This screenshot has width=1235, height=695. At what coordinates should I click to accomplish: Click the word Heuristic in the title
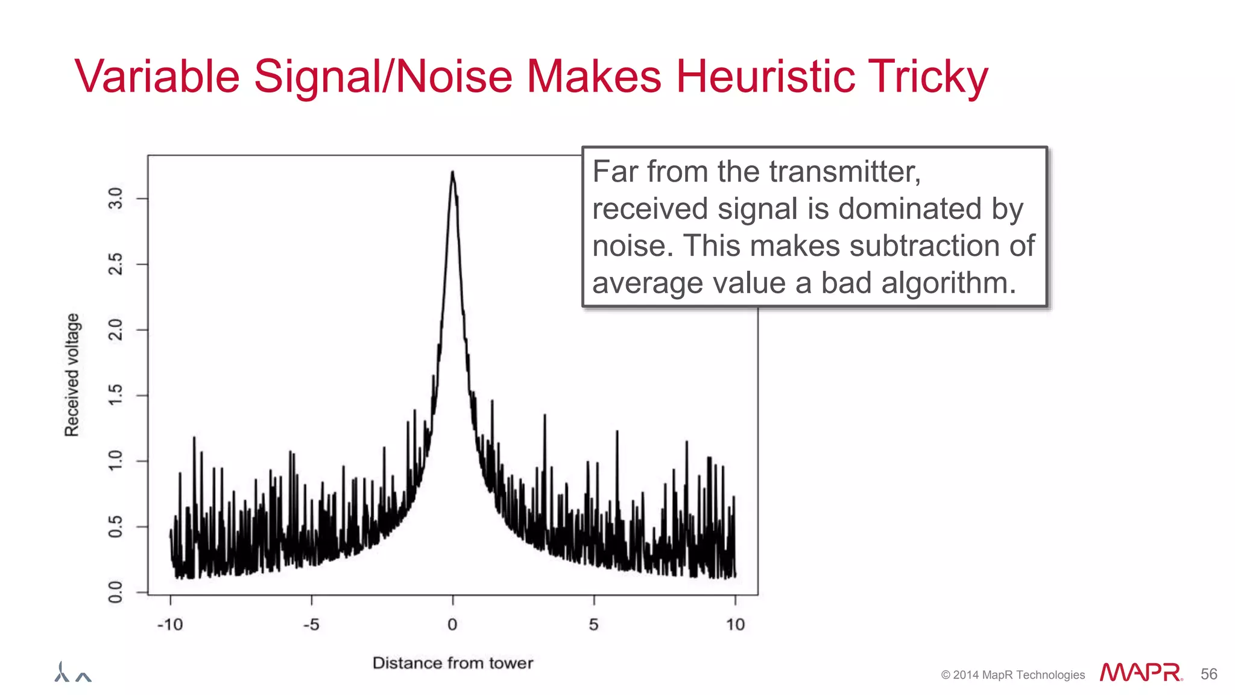(x=764, y=77)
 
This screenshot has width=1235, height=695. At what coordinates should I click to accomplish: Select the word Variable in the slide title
(x=157, y=77)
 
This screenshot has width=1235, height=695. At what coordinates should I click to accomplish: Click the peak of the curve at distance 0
(x=452, y=173)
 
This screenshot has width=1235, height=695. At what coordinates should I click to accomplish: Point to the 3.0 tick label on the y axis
(x=115, y=198)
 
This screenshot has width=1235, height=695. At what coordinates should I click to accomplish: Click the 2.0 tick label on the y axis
(x=115, y=329)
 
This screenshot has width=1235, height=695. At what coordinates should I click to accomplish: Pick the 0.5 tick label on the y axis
(x=115, y=527)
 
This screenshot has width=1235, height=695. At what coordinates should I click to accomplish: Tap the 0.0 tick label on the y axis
(x=115, y=592)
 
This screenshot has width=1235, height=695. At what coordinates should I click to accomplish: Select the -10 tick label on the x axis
(x=169, y=624)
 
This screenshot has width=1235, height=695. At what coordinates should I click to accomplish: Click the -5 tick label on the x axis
(x=311, y=624)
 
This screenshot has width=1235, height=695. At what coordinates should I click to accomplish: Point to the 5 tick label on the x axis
(x=594, y=624)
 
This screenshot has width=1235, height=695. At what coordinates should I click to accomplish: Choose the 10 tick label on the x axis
(x=735, y=624)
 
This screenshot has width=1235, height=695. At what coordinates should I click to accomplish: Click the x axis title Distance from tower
(x=452, y=663)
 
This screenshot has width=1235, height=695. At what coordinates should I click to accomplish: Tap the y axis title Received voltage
(x=72, y=375)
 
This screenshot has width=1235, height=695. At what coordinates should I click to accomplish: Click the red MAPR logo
(x=1140, y=673)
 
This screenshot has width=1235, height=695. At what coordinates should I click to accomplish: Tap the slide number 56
(x=1208, y=674)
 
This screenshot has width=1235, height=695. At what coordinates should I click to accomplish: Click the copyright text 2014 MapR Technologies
(x=1013, y=675)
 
